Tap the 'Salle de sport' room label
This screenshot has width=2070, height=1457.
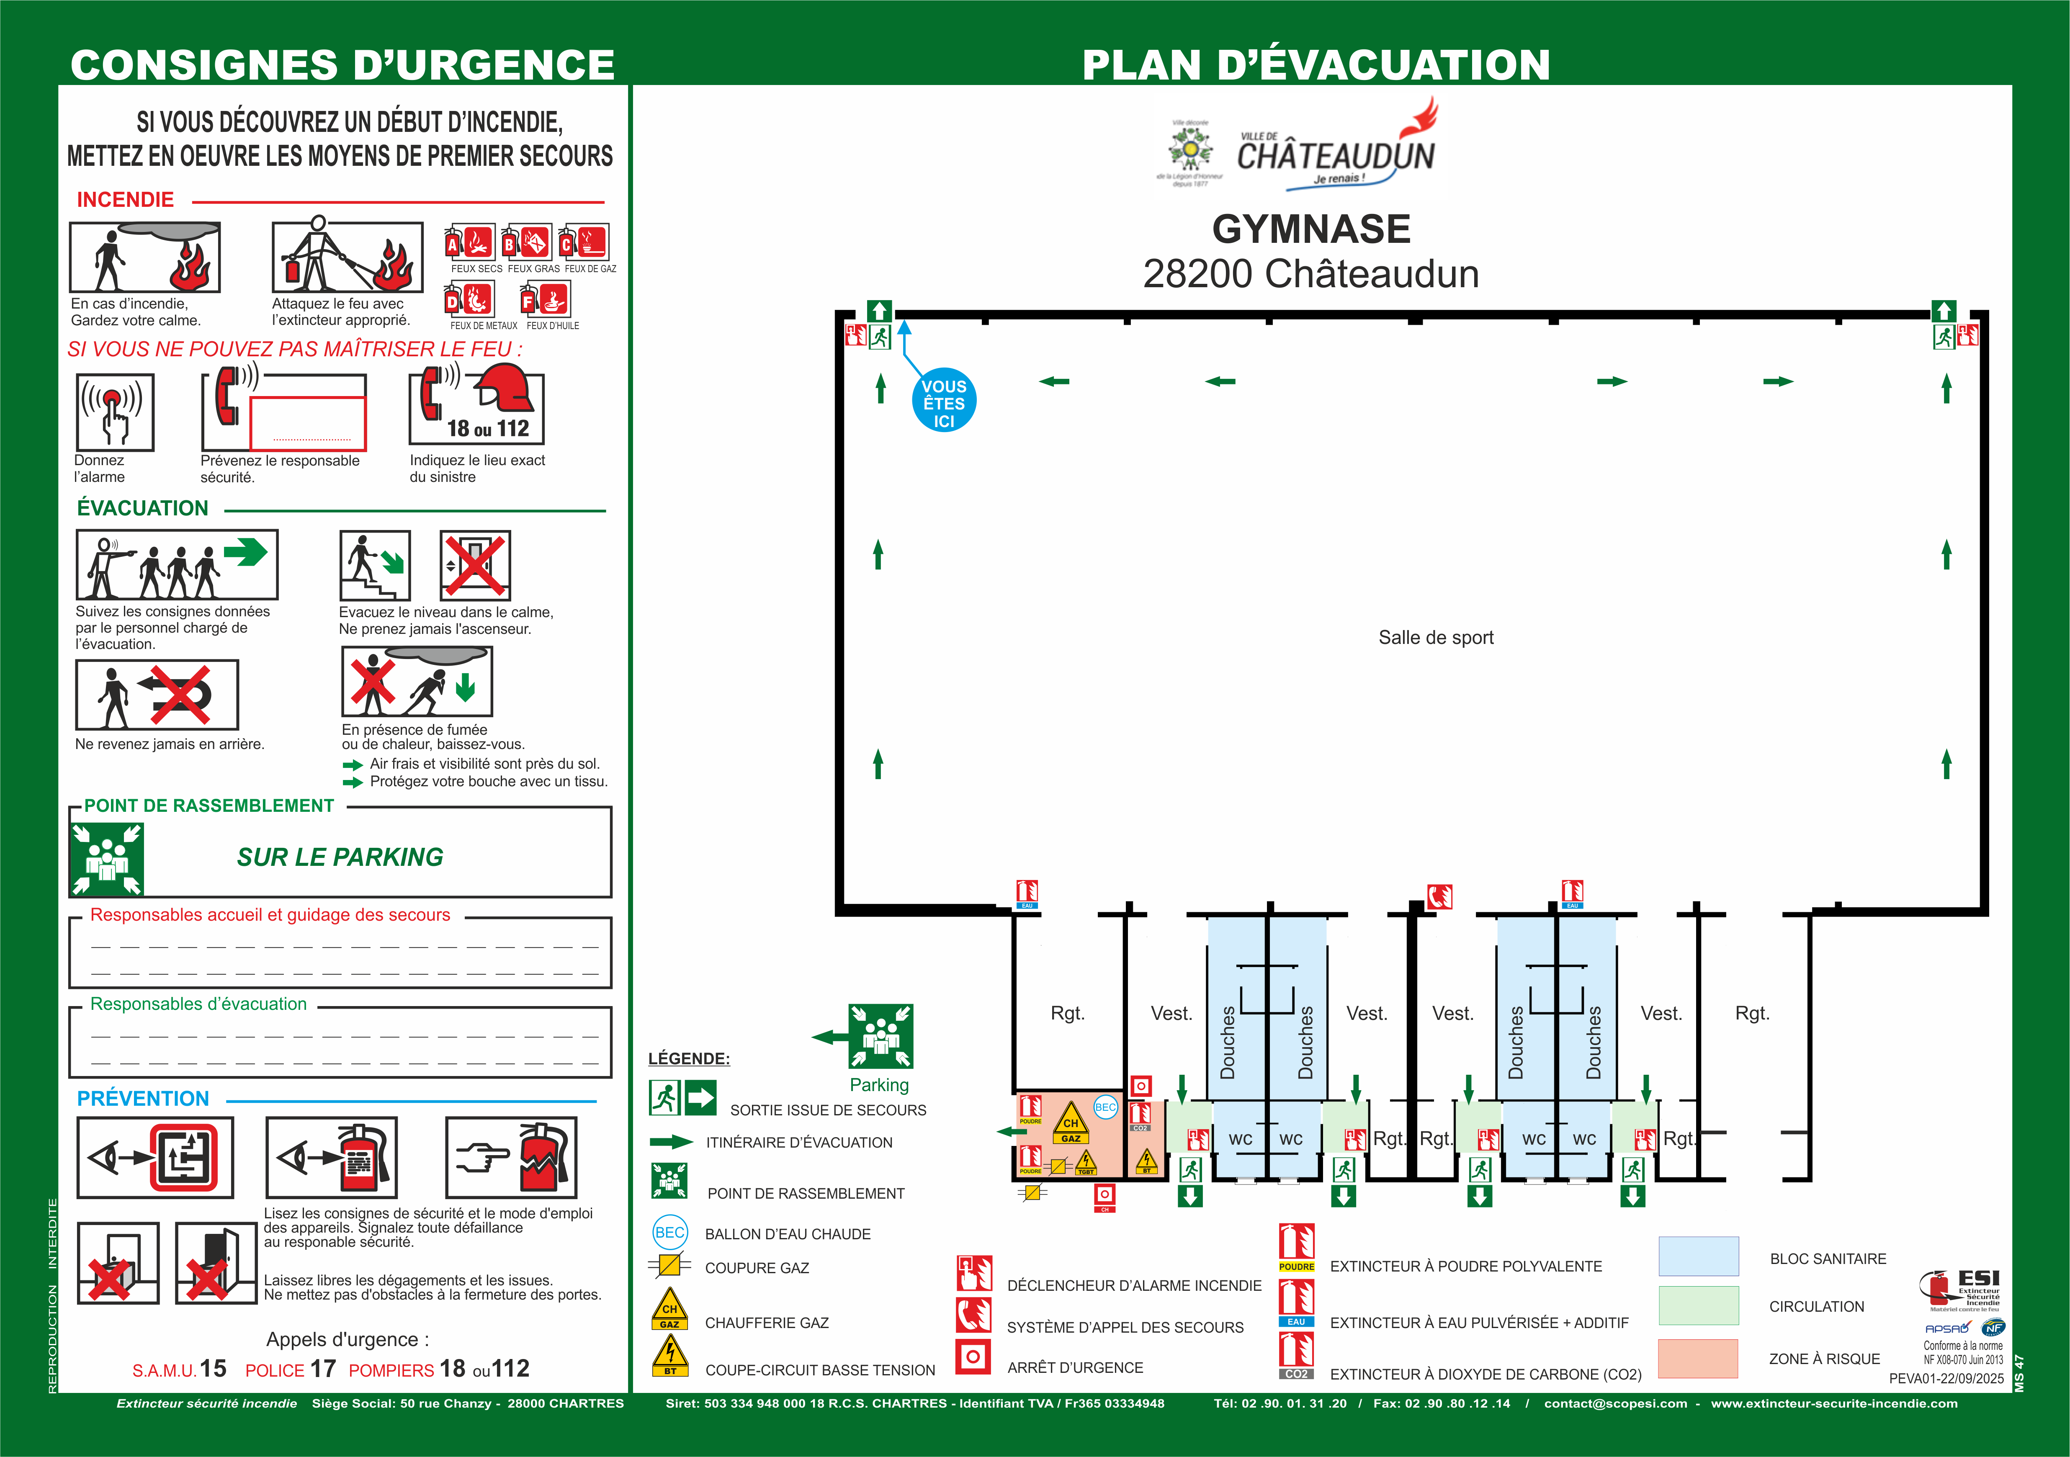[x=1435, y=637]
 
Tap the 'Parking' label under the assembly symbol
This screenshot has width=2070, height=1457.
[x=879, y=1085]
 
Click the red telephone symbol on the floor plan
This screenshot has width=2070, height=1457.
[x=1439, y=896]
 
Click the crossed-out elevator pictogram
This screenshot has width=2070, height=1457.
[x=475, y=565]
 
